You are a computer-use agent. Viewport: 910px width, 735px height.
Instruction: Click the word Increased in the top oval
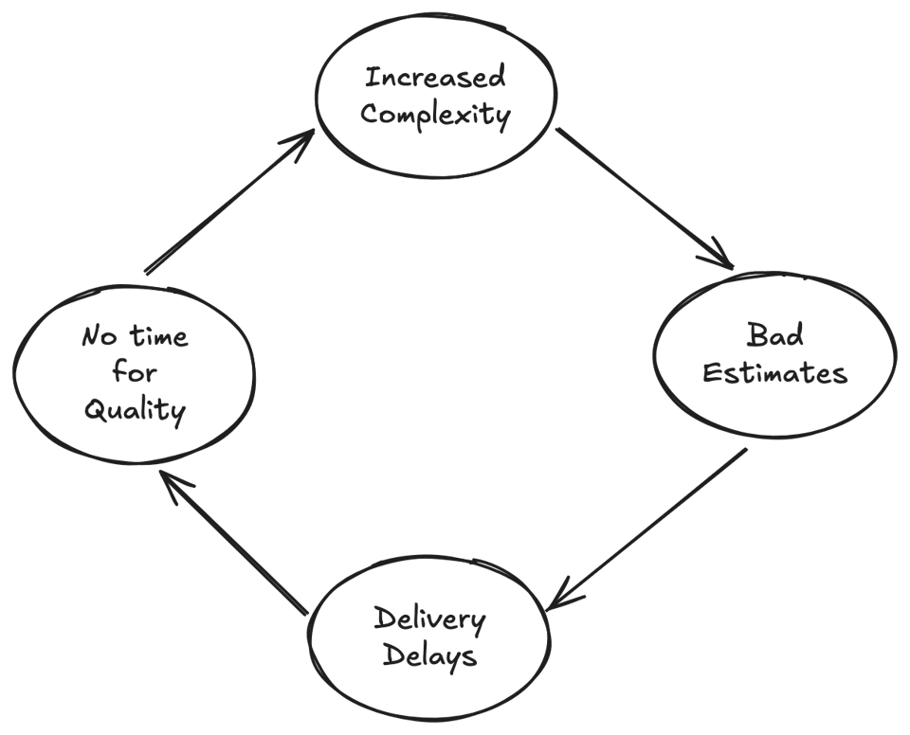click(x=435, y=77)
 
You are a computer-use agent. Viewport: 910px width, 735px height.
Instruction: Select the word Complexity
click(x=435, y=116)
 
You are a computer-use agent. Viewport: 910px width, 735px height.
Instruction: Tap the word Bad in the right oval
click(x=773, y=335)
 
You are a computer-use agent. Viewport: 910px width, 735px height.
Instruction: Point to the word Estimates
click(x=774, y=372)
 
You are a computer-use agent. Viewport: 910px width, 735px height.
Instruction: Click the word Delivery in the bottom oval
click(x=428, y=619)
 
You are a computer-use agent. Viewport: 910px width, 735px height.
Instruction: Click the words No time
click(x=135, y=336)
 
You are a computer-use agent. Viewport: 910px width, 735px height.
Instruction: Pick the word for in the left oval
click(x=135, y=371)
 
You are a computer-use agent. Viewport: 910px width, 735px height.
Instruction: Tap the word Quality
click(x=134, y=411)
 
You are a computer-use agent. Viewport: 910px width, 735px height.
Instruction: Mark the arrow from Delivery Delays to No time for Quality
click(x=232, y=544)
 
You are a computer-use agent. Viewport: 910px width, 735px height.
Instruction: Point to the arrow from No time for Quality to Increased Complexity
click(x=227, y=203)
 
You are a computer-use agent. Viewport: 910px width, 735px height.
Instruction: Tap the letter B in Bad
click(x=756, y=335)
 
